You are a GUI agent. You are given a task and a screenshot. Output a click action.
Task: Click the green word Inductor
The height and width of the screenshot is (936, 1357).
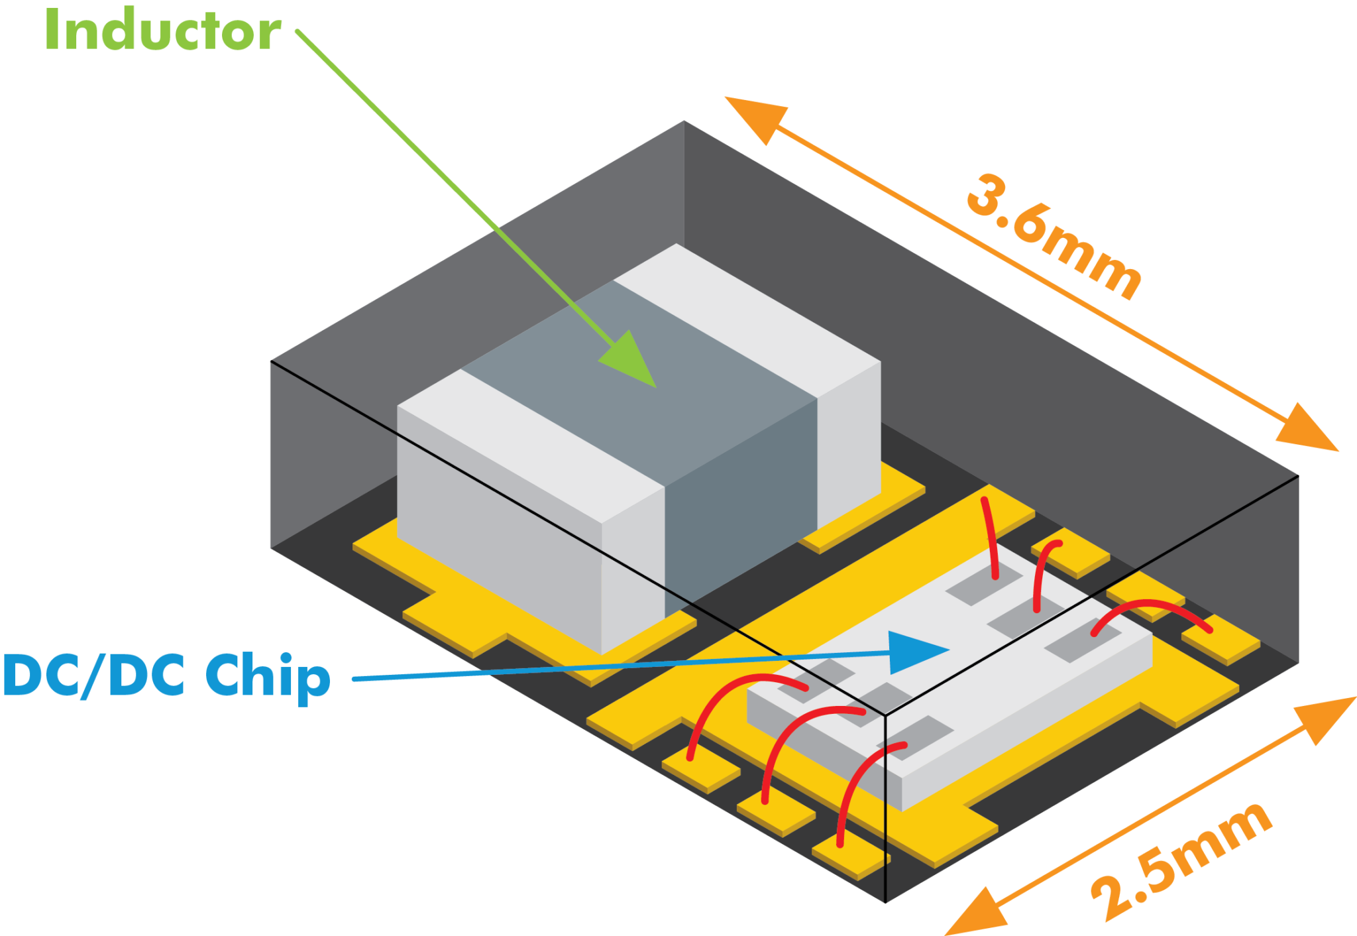click(162, 30)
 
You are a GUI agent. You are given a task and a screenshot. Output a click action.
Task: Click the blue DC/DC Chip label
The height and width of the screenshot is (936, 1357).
click(166, 675)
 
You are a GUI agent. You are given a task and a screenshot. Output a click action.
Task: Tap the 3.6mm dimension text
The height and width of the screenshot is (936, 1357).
click(1054, 235)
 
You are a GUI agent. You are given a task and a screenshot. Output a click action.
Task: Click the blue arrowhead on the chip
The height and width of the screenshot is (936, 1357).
click(914, 652)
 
